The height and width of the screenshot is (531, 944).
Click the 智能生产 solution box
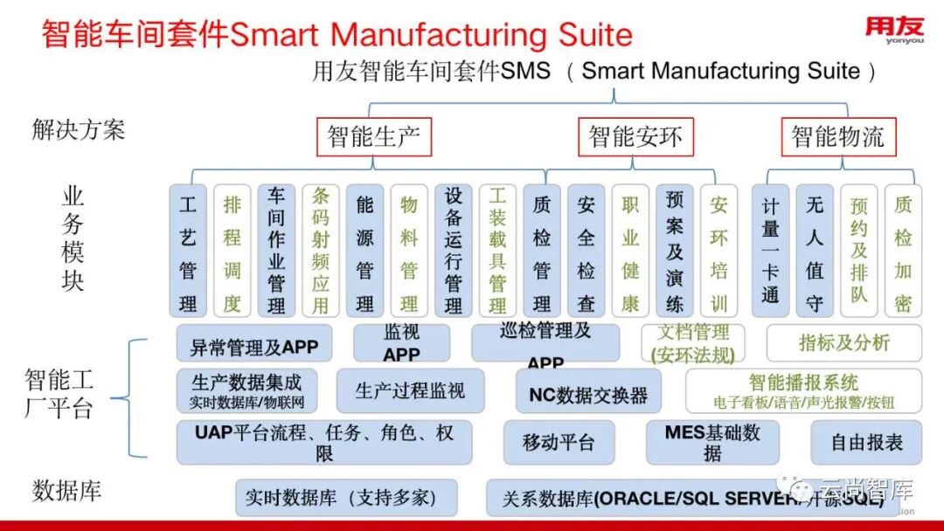coord(373,137)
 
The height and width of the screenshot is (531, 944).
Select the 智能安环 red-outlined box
coord(635,137)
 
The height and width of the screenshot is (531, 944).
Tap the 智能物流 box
coord(837,137)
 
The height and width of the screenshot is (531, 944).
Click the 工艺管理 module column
coord(188,251)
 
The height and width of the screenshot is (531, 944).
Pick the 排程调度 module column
coord(233,251)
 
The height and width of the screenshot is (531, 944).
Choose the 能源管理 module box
coord(364,251)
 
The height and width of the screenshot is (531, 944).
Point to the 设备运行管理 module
coord(453,251)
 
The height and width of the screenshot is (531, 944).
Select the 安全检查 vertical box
coord(586,251)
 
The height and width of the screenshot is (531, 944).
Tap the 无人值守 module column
coord(815,251)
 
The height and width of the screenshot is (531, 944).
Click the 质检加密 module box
coord(903,251)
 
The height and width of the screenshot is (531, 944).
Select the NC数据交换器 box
coord(588,393)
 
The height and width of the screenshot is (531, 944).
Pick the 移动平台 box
coord(559,443)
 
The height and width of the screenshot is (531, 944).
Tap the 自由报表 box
coord(866,443)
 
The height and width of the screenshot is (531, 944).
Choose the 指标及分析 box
coord(843,343)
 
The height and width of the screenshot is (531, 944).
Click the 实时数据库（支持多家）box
coord(346,498)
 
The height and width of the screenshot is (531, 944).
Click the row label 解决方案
coord(79,130)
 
